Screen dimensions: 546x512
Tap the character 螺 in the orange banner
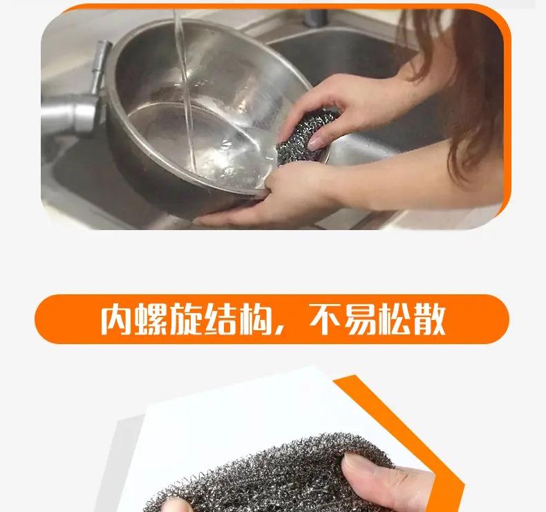[x=151, y=319]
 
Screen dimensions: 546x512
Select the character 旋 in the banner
[x=186, y=319]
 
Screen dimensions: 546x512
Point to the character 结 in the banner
[x=220, y=319]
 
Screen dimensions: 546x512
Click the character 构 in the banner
[x=255, y=319]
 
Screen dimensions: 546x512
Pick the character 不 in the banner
[x=325, y=319]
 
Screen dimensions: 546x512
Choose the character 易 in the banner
[x=359, y=319]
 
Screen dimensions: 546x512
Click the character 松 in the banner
[x=395, y=319]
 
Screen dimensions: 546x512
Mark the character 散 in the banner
[x=429, y=319]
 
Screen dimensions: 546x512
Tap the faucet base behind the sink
[x=315, y=17]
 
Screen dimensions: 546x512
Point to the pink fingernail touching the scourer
[x=316, y=143]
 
